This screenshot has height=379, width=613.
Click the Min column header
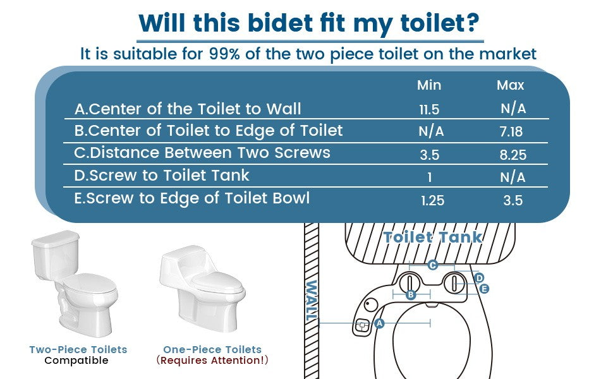pyautogui.click(x=428, y=85)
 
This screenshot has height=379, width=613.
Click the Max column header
pyautogui.click(x=510, y=85)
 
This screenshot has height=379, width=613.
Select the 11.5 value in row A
pyautogui.click(x=428, y=109)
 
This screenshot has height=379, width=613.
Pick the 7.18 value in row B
pyautogui.click(x=512, y=131)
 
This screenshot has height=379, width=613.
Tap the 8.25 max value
pyautogui.click(x=512, y=155)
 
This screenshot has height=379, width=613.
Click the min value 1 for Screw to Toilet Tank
pyautogui.click(x=429, y=177)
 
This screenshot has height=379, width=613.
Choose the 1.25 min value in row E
pyautogui.click(x=432, y=201)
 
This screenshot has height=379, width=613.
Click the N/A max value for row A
pyautogui.click(x=513, y=109)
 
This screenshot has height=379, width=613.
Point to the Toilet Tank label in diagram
pyautogui.click(x=433, y=238)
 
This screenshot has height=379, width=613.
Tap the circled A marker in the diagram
pyautogui.click(x=379, y=323)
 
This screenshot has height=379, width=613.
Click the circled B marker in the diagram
pyautogui.click(x=410, y=294)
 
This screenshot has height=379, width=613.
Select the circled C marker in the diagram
pyautogui.click(x=432, y=265)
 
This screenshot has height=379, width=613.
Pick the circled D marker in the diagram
pyautogui.click(x=479, y=278)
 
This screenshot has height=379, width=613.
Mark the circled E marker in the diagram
pyautogui.click(x=484, y=289)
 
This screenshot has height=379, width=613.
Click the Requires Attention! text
pyautogui.click(x=212, y=361)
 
